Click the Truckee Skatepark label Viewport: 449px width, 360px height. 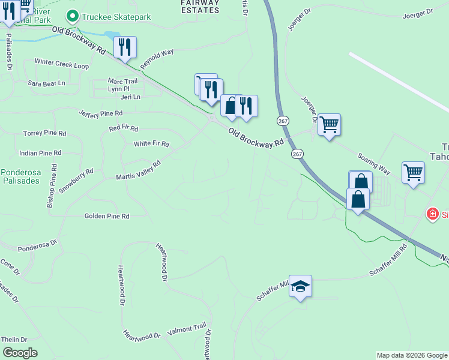(116, 17)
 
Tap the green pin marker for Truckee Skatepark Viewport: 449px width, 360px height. (73, 16)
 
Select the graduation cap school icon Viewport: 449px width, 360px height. (301, 287)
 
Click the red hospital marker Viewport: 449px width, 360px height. (432, 214)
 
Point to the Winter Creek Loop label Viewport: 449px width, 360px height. (61, 62)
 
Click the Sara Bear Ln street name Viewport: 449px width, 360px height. (46, 83)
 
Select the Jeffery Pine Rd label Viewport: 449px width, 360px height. (101, 113)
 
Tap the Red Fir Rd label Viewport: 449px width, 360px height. (124, 128)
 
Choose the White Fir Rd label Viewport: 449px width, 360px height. (151, 144)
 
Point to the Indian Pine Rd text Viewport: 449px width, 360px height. (40, 154)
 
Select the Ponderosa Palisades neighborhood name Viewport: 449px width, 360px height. (21, 176)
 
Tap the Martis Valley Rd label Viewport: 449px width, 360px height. (139, 170)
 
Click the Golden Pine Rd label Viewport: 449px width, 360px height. (107, 216)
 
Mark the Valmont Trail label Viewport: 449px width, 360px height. (187, 329)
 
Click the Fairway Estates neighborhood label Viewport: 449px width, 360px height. (200, 6)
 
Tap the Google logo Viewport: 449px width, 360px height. (20, 353)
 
